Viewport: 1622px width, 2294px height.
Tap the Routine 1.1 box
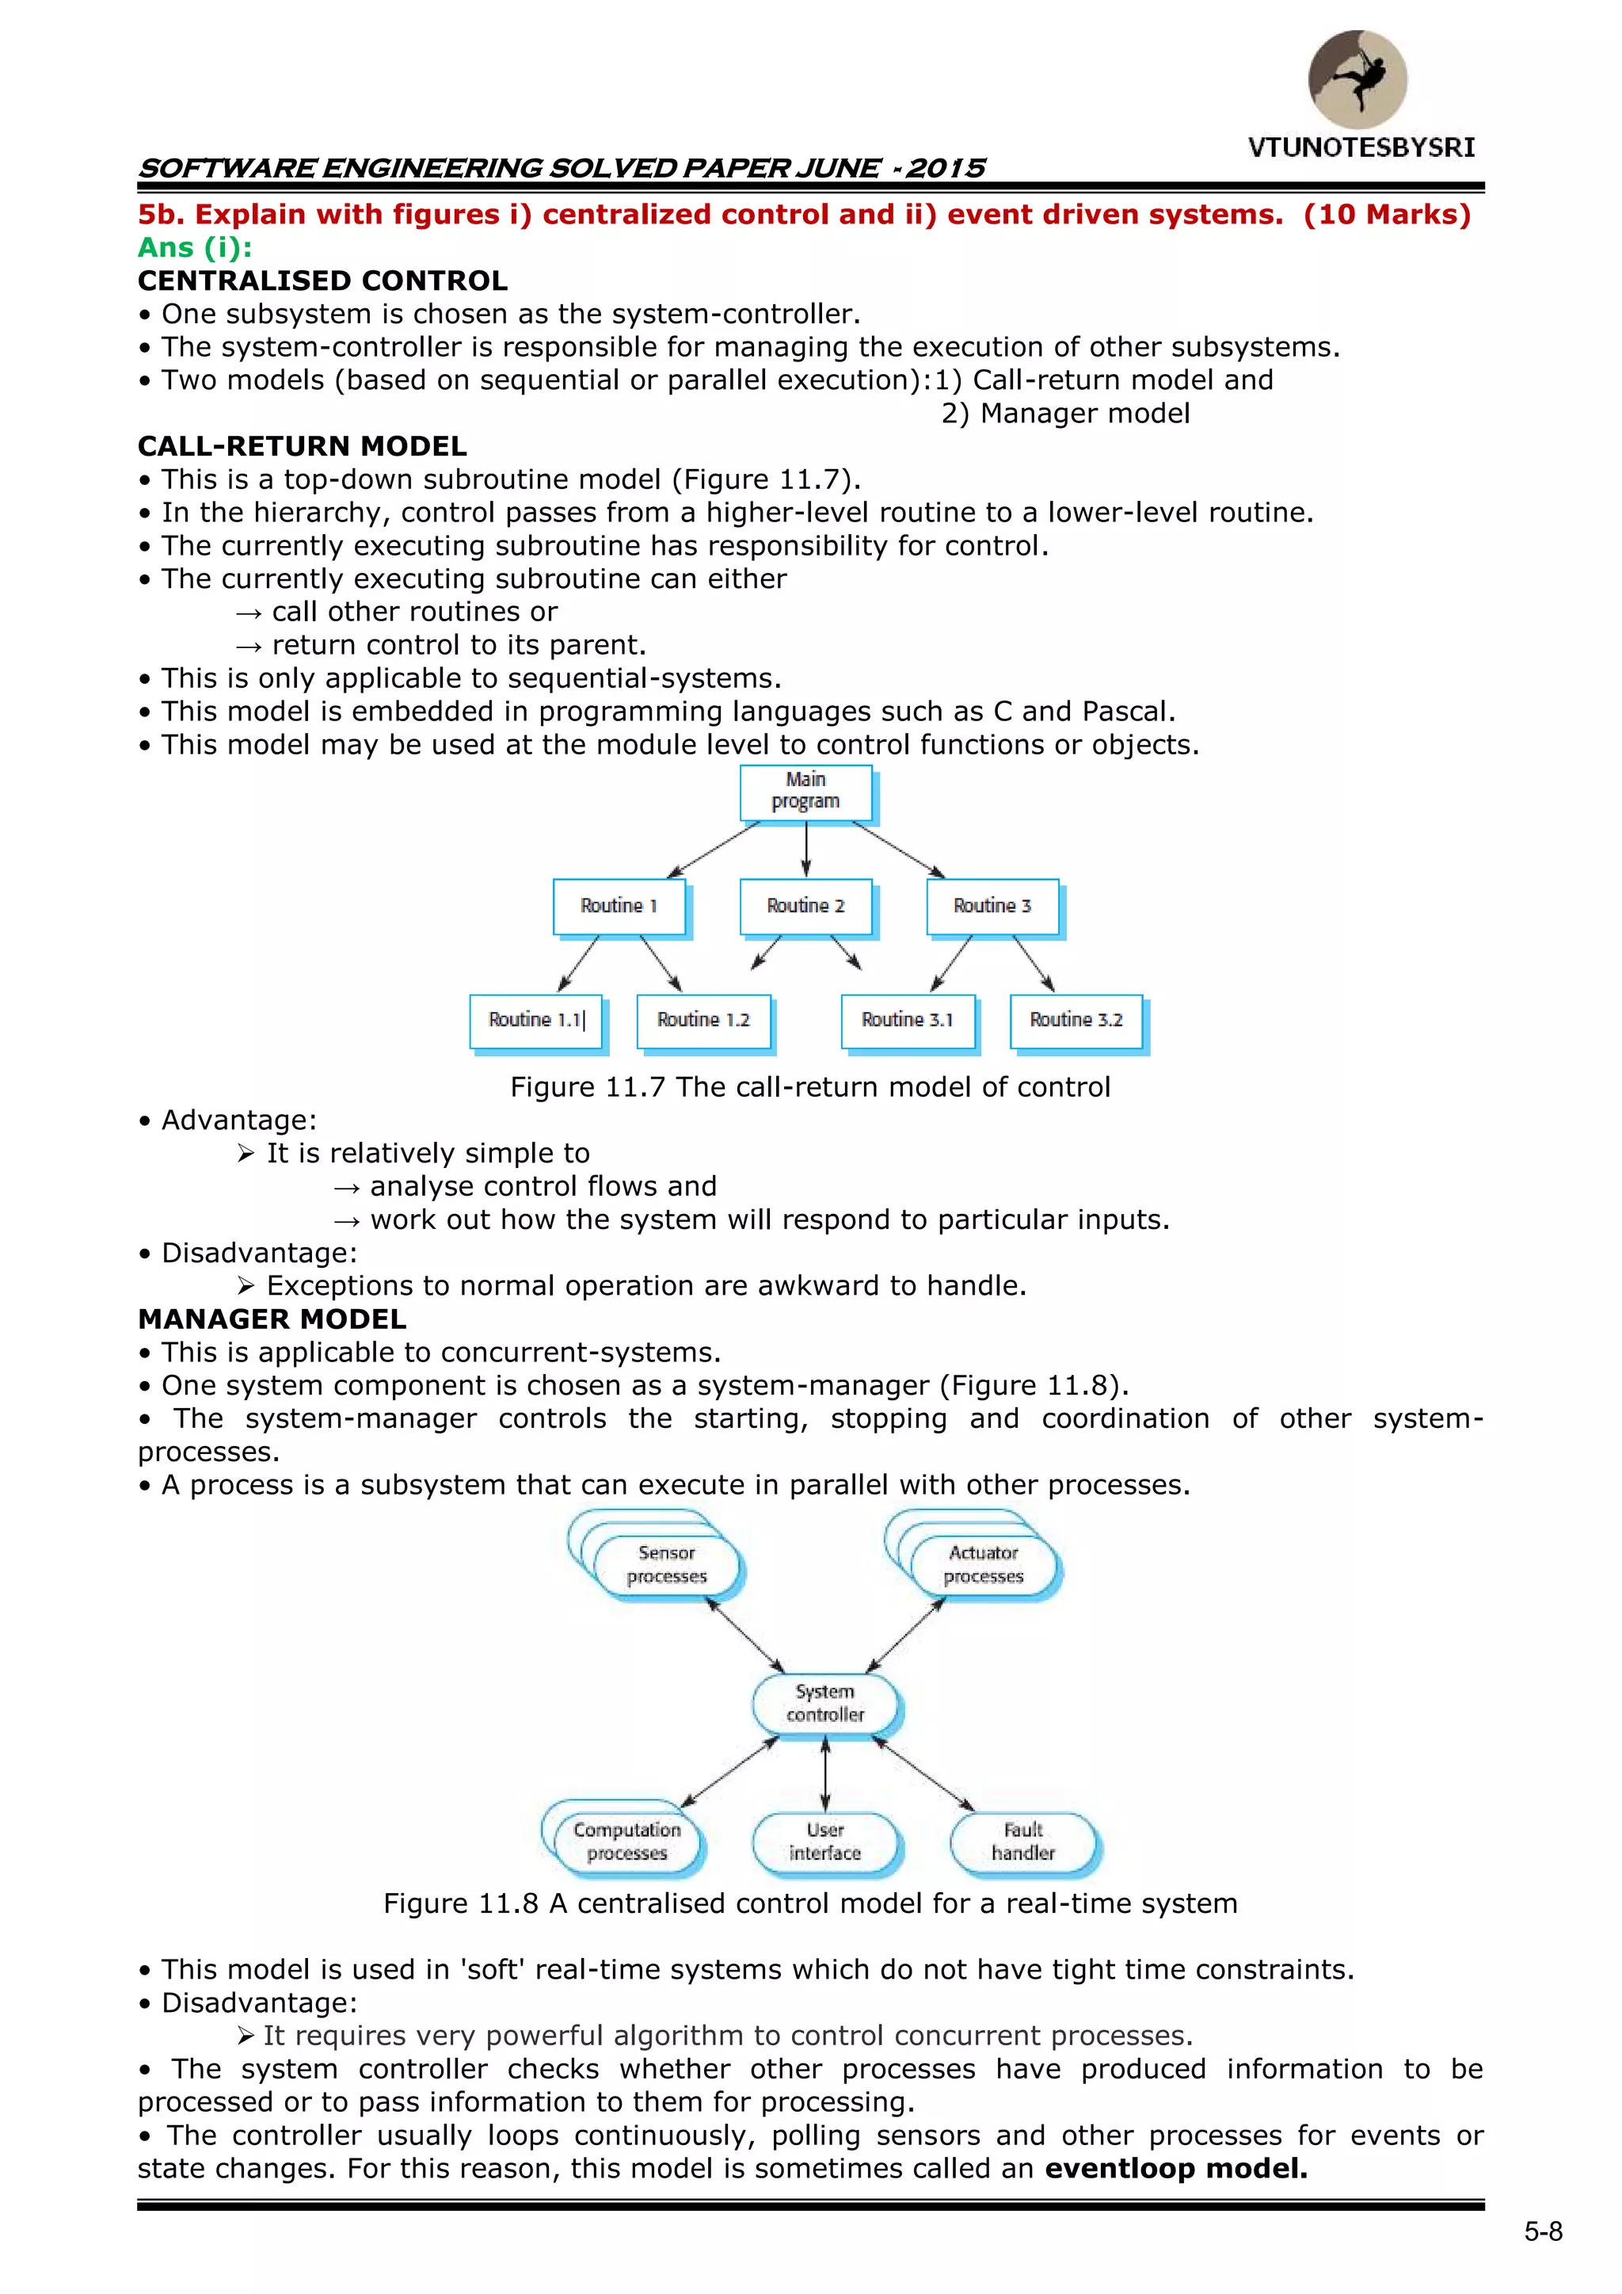[536, 1020]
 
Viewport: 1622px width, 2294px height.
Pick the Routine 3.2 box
[1076, 1020]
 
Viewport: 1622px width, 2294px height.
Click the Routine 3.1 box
[907, 1020]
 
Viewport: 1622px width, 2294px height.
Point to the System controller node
[825, 1704]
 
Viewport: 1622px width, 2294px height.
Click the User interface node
[825, 1842]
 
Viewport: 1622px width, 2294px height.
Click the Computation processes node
[626, 1842]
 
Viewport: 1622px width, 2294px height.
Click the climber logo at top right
[1357, 79]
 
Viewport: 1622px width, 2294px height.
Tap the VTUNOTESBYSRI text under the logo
[1361, 148]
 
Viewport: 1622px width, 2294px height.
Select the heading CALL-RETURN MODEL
[302, 447]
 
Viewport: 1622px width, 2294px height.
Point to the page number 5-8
[1542, 2232]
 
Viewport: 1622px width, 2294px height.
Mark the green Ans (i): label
[195, 248]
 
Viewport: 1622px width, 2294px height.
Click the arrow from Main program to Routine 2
[806, 849]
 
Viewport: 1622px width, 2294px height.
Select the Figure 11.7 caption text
[810, 1087]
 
